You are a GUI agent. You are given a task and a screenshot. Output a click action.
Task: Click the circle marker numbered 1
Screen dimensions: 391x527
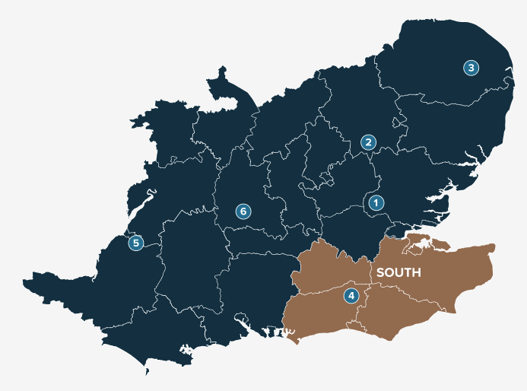pos(375,203)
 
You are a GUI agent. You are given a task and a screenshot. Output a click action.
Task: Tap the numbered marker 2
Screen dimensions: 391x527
pos(368,142)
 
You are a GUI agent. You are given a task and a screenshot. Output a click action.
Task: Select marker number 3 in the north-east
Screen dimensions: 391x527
pos(471,68)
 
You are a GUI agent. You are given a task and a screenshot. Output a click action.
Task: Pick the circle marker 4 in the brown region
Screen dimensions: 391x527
pos(351,295)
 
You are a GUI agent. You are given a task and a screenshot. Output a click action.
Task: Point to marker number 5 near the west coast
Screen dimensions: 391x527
pos(135,243)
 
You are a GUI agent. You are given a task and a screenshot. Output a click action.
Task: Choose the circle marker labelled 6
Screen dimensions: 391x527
pos(243,211)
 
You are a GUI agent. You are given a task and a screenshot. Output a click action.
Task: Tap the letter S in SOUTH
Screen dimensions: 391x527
pos(380,272)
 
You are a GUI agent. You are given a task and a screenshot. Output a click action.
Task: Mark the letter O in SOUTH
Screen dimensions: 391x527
pos(389,272)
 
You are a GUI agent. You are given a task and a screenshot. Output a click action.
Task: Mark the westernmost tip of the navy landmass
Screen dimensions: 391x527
pos(24,283)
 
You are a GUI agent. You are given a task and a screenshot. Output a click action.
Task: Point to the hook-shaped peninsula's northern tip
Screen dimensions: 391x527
pos(224,70)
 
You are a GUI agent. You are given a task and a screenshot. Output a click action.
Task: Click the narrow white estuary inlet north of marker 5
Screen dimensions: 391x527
pos(150,194)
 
